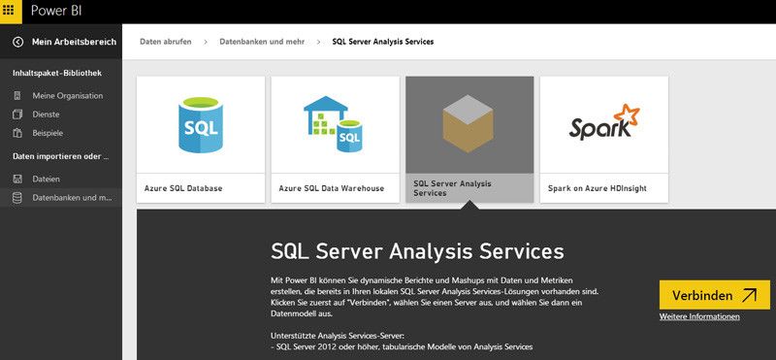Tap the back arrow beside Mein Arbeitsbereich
pyautogui.click(x=17, y=42)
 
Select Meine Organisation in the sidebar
pyautogui.click(x=67, y=95)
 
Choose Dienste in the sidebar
pyautogui.click(x=47, y=114)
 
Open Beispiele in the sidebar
pyautogui.click(x=48, y=132)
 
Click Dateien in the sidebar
pyautogui.click(x=46, y=179)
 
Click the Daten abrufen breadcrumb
pyautogui.click(x=165, y=42)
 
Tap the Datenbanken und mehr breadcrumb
pyautogui.click(x=262, y=42)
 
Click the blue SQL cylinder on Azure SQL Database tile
pyautogui.click(x=200, y=124)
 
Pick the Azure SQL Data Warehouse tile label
pyautogui.click(x=331, y=188)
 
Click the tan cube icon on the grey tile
pyautogui.click(x=469, y=124)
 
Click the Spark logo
pyautogui.click(x=603, y=124)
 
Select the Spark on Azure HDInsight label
pyautogui.click(x=597, y=188)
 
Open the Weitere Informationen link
pyautogui.click(x=699, y=316)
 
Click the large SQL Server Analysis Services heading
pyautogui.click(x=417, y=251)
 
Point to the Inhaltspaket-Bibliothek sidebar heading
pyautogui.click(x=57, y=73)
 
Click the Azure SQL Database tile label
pyautogui.click(x=184, y=188)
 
